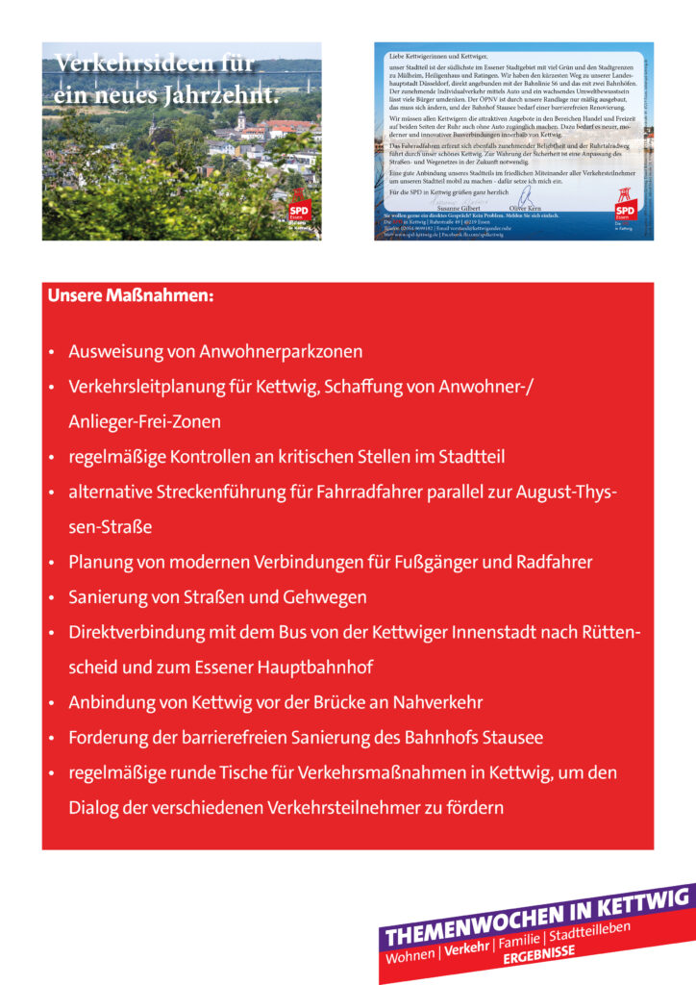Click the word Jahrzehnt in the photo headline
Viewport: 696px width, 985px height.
tap(222, 96)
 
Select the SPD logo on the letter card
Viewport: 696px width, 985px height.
tap(625, 211)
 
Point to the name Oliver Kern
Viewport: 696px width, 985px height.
tap(526, 207)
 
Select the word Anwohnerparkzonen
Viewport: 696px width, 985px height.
tap(281, 352)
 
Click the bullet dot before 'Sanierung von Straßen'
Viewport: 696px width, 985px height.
tap(51, 598)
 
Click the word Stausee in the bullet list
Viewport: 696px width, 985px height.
tap(510, 738)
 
